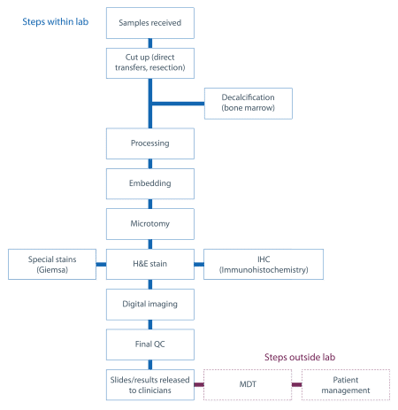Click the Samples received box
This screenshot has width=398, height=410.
click(150, 23)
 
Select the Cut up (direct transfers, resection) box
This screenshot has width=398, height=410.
click(150, 63)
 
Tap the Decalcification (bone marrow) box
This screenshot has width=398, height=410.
click(249, 104)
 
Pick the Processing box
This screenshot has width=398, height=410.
click(150, 143)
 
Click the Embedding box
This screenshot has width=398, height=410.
click(150, 183)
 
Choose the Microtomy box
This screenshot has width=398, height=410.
click(150, 224)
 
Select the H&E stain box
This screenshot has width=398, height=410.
click(150, 264)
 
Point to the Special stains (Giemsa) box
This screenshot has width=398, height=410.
click(52, 264)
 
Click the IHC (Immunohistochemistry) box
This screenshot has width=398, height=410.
click(264, 264)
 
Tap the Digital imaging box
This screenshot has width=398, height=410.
click(150, 305)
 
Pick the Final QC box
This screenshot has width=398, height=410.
click(150, 344)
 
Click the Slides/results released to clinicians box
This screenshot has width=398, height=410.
click(150, 384)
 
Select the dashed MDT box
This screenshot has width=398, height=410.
click(248, 384)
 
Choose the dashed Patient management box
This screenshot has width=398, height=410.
click(346, 384)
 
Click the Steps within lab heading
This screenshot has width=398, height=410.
click(56, 22)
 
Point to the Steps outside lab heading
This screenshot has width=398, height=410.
click(300, 357)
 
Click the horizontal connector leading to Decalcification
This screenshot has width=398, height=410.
click(178, 104)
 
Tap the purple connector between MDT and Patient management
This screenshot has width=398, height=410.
click(296, 384)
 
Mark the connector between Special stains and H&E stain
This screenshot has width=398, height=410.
click(101, 264)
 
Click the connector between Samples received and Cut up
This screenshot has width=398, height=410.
click(150, 43)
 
